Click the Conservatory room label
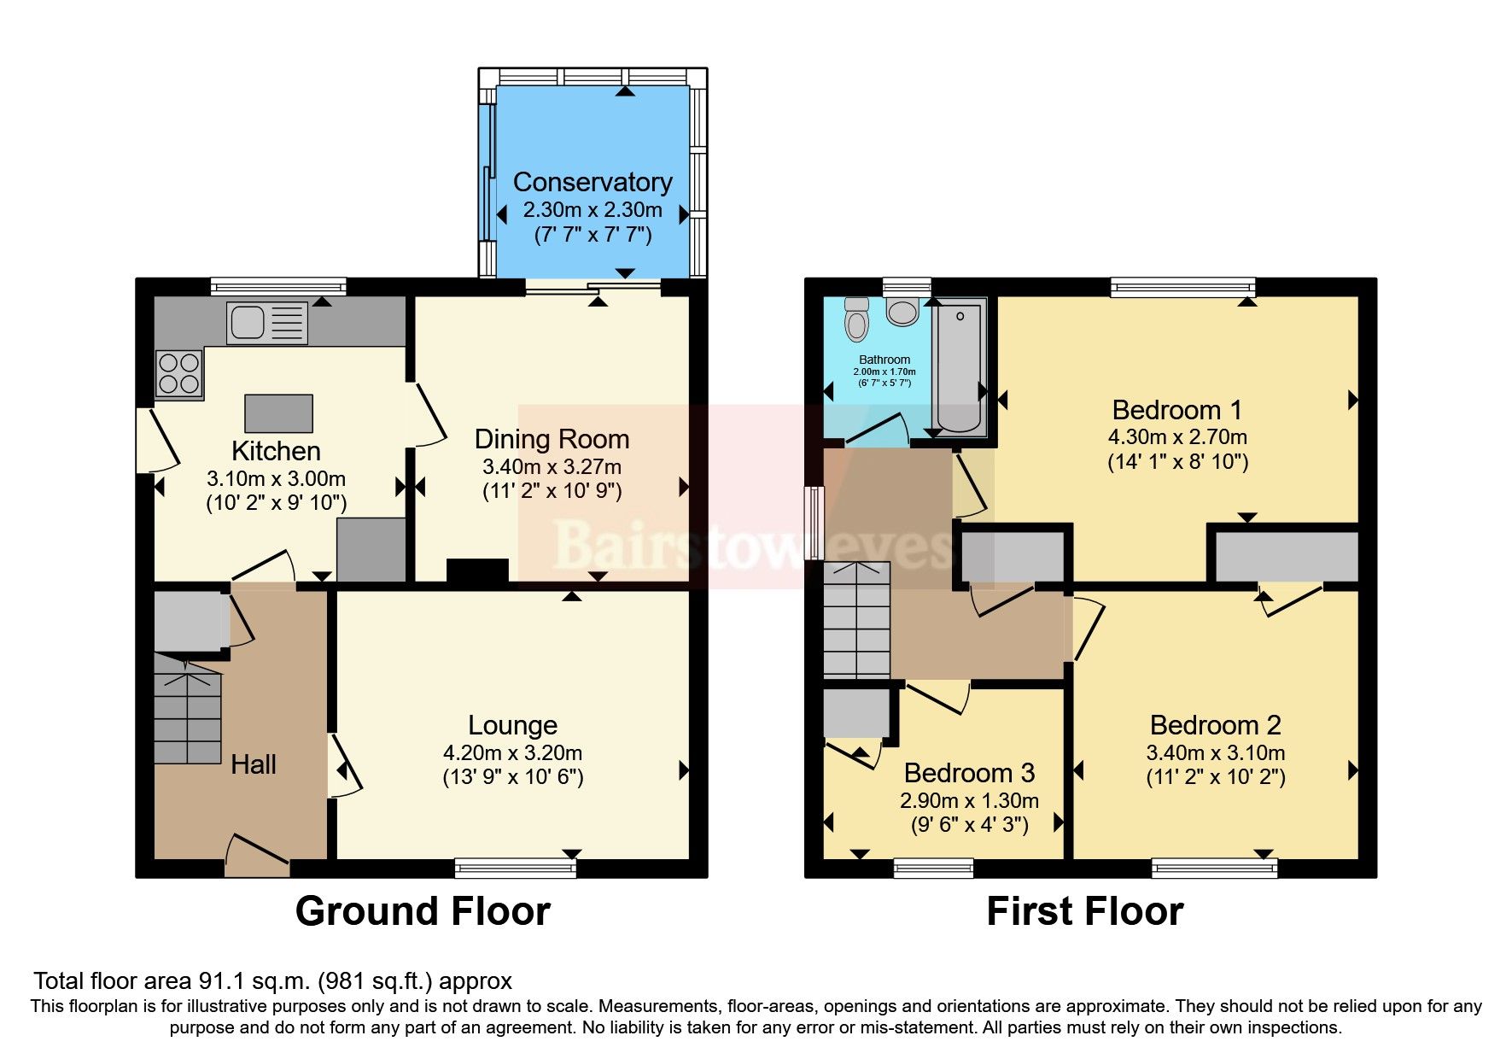(592, 182)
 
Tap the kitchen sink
(266, 323)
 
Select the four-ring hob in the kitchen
(179, 374)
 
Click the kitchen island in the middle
(278, 413)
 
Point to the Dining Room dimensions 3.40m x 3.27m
(552, 467)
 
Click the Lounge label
(512, 725)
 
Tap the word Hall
(254, 764)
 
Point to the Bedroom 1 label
(1176, 410)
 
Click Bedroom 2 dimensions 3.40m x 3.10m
(1215, 753)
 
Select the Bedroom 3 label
(969, 773)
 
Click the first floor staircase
(855, 620)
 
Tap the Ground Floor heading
(423, 911)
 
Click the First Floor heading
(1084, 911)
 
